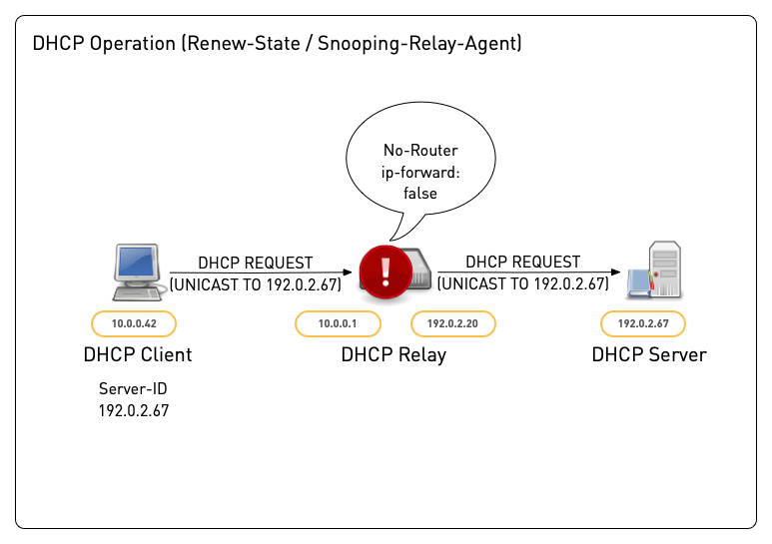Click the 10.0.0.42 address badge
(x=133, y=323)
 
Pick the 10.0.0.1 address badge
(x=337, y=323)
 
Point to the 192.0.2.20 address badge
(x=453, y=323)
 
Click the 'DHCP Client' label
(x=138, y=354)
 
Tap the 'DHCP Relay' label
(x=393, y=354)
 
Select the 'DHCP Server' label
(x=648, y=354)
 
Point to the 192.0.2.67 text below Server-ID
(x=133, y=410)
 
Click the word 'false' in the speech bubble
(x=420, y=193)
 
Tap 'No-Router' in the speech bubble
(x=420, y=151)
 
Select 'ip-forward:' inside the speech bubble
(x=420, y=172)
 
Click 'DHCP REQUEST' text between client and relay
(x=255, y=263)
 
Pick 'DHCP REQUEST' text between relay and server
(x=522, y=262)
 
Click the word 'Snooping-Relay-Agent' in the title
(x=417, y=44)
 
